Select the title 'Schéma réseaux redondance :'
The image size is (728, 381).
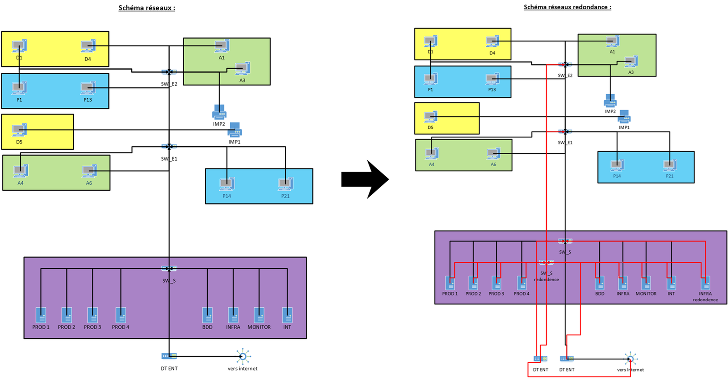pyautogui.click(x=567, y=7)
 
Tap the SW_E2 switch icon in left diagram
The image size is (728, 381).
pyautogui.click(x=169, y=72)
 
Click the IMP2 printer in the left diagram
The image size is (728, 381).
pyautogui.click(x=219, y=112)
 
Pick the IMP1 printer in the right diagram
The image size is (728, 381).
pyautogui.click(x=624, y=117)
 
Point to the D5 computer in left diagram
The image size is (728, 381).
pyautogui.click(x=19, y=130)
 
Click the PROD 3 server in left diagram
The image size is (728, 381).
pyautogui.click(x=92, y=315)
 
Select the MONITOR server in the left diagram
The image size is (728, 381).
pyautogui.click(x=259, y=315)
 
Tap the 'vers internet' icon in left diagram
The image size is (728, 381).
pyautogui.click(x=243, y=356)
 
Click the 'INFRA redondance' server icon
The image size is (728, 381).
pyautogui.click(x=705, y=283)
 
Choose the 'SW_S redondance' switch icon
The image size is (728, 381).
pyautogui.click(x=546, y=263)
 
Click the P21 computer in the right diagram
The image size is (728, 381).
pyautogui.click(x=669, y=165)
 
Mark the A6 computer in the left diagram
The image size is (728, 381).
pyautogui.click(x=89, y=171)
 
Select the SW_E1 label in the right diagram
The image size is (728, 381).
pyautogui.click(x=565, y=142)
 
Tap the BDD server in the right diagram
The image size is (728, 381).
pyautogui.click(x=600, y=283)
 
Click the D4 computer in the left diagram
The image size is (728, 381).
pyautogui.click(x=88, y=46)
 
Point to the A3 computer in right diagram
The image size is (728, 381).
pyautogui.click(x=631, y=61)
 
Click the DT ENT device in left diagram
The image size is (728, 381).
pyautogui.click(x=169, y=356)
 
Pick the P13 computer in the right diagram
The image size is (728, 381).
pyautogui.click(x=492, y=79)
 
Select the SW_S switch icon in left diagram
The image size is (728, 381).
pyautogui.click(x=169, y=269)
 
